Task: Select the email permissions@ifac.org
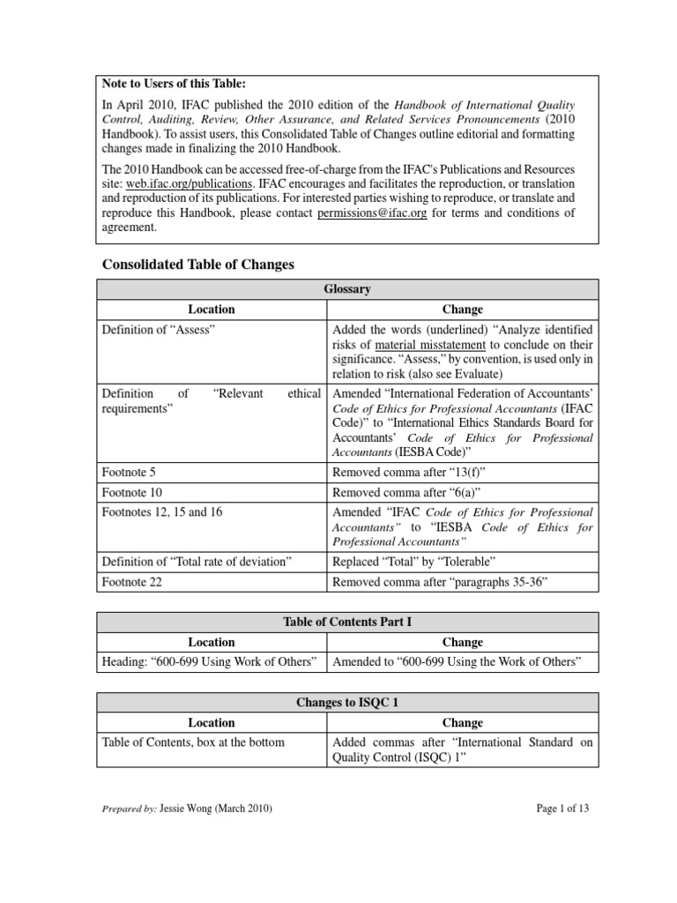[373, 213]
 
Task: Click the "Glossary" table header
[347, 289]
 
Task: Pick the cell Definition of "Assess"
[159, 328]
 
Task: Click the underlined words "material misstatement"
[415, 344]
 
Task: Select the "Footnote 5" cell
[130, 472]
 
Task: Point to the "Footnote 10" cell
[132, 492]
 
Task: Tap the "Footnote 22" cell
[132, 581]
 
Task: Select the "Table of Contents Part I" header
[347, 622]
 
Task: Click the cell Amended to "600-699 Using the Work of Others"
[456, 662]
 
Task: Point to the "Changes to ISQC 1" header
[347, 702]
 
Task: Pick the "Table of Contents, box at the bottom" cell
[194, 742]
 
